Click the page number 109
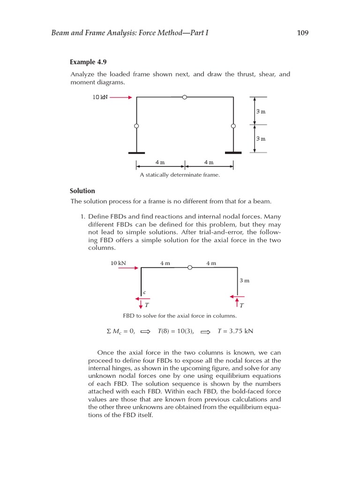click(303, 33)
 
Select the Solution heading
click(82, 191)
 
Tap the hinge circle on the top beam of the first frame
click(185, 97)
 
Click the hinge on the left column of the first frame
click(136, 126)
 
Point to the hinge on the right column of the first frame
click(233, 126)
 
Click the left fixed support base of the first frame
click(136, 153)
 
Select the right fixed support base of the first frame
click(233, 153)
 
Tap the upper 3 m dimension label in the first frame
click(261, 112)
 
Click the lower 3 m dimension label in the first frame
click(261, 139)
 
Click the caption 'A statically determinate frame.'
click(180, 175)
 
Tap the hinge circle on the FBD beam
click(190, 268)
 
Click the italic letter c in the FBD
click(144, 292)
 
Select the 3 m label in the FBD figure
click(244, 280)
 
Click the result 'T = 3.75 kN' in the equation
click(235, 331)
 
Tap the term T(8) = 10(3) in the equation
click(176, 331)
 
